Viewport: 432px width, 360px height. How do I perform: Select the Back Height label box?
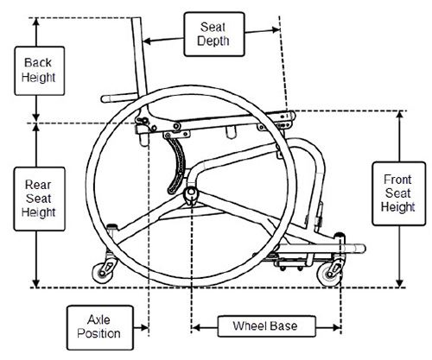38,70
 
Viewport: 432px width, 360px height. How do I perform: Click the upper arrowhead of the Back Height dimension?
37,22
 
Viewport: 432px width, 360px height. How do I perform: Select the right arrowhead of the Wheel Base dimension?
338,326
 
